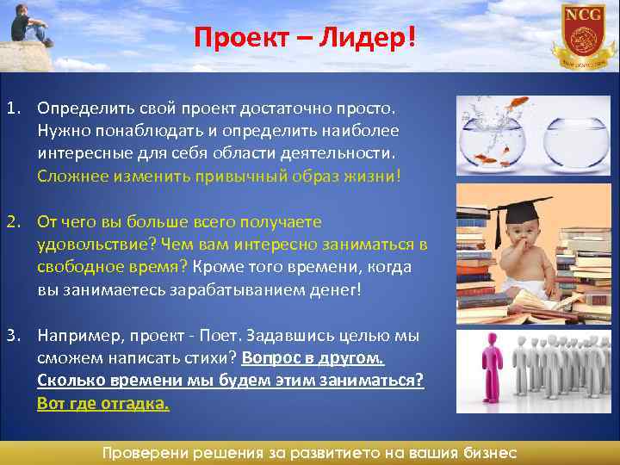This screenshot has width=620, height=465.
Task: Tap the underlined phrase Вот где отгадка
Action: click(103, 403)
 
